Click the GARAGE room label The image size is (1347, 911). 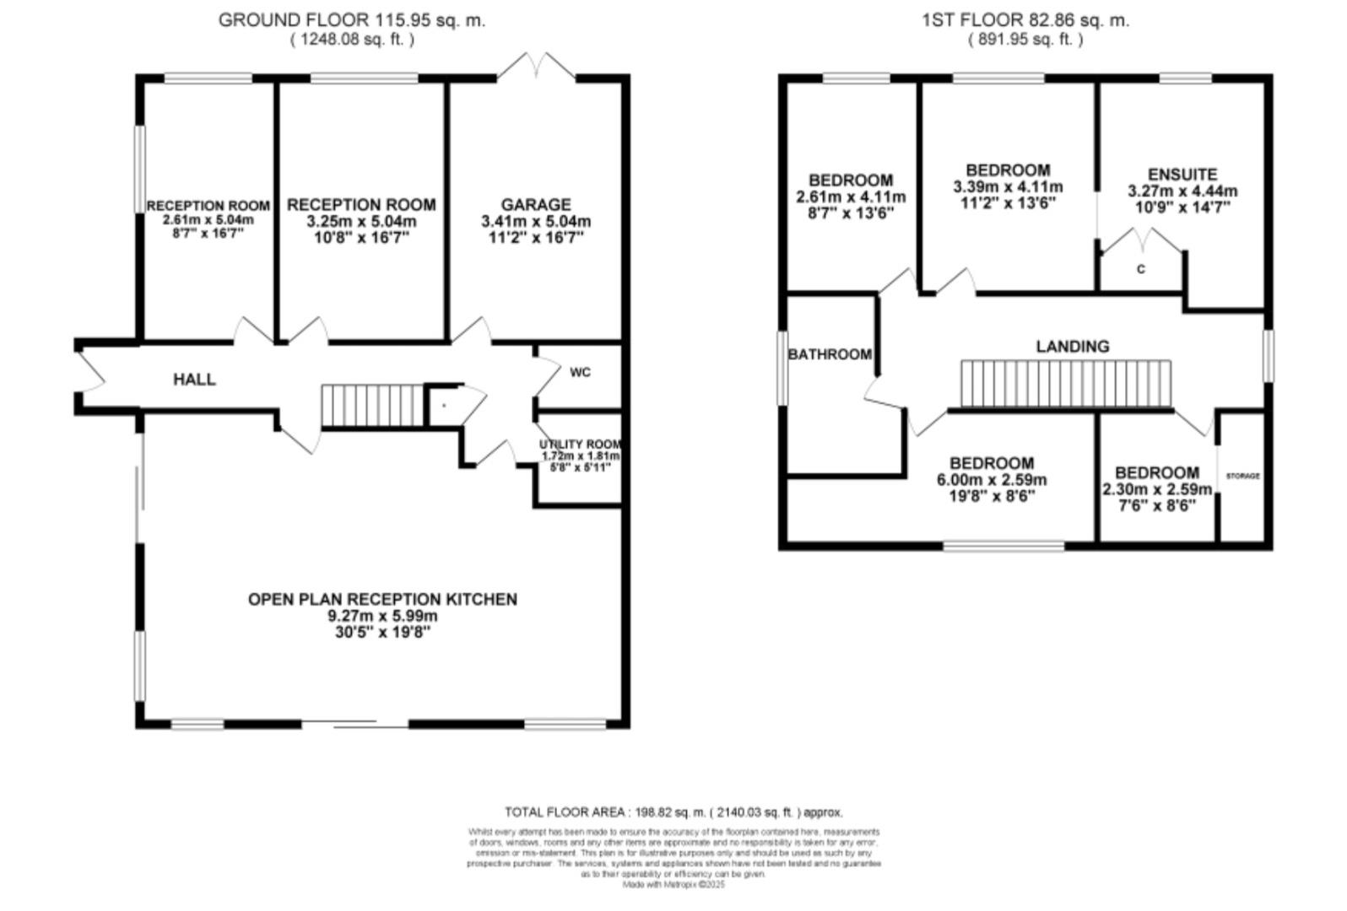[x=536, y=205]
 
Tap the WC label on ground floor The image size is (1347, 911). [x=581, y=372]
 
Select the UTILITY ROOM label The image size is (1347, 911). [x=581, y=445]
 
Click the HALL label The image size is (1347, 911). [x=194, y=380]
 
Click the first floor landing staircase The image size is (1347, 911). [x=1066, y=385]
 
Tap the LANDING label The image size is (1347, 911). [x=1073, y=346]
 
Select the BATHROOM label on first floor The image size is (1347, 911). [x=830, y=354]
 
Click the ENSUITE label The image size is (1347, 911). [x=1182, y=175]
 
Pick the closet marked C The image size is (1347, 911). [x=1141, y=270]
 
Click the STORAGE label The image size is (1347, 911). [x=1242, y=476]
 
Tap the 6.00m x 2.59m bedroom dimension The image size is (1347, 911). [x=992, y=480]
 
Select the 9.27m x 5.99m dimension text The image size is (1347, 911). [x=382, y=616]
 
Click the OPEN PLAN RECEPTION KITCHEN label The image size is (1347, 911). [x=382, y=599]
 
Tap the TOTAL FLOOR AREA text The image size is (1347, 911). [x=673, y=812]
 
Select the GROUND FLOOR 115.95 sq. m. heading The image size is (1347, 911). [x=352, y=20]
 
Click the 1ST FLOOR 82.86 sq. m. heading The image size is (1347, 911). [x=1025, y=20]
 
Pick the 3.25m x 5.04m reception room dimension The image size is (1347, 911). [x=361, y=222]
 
